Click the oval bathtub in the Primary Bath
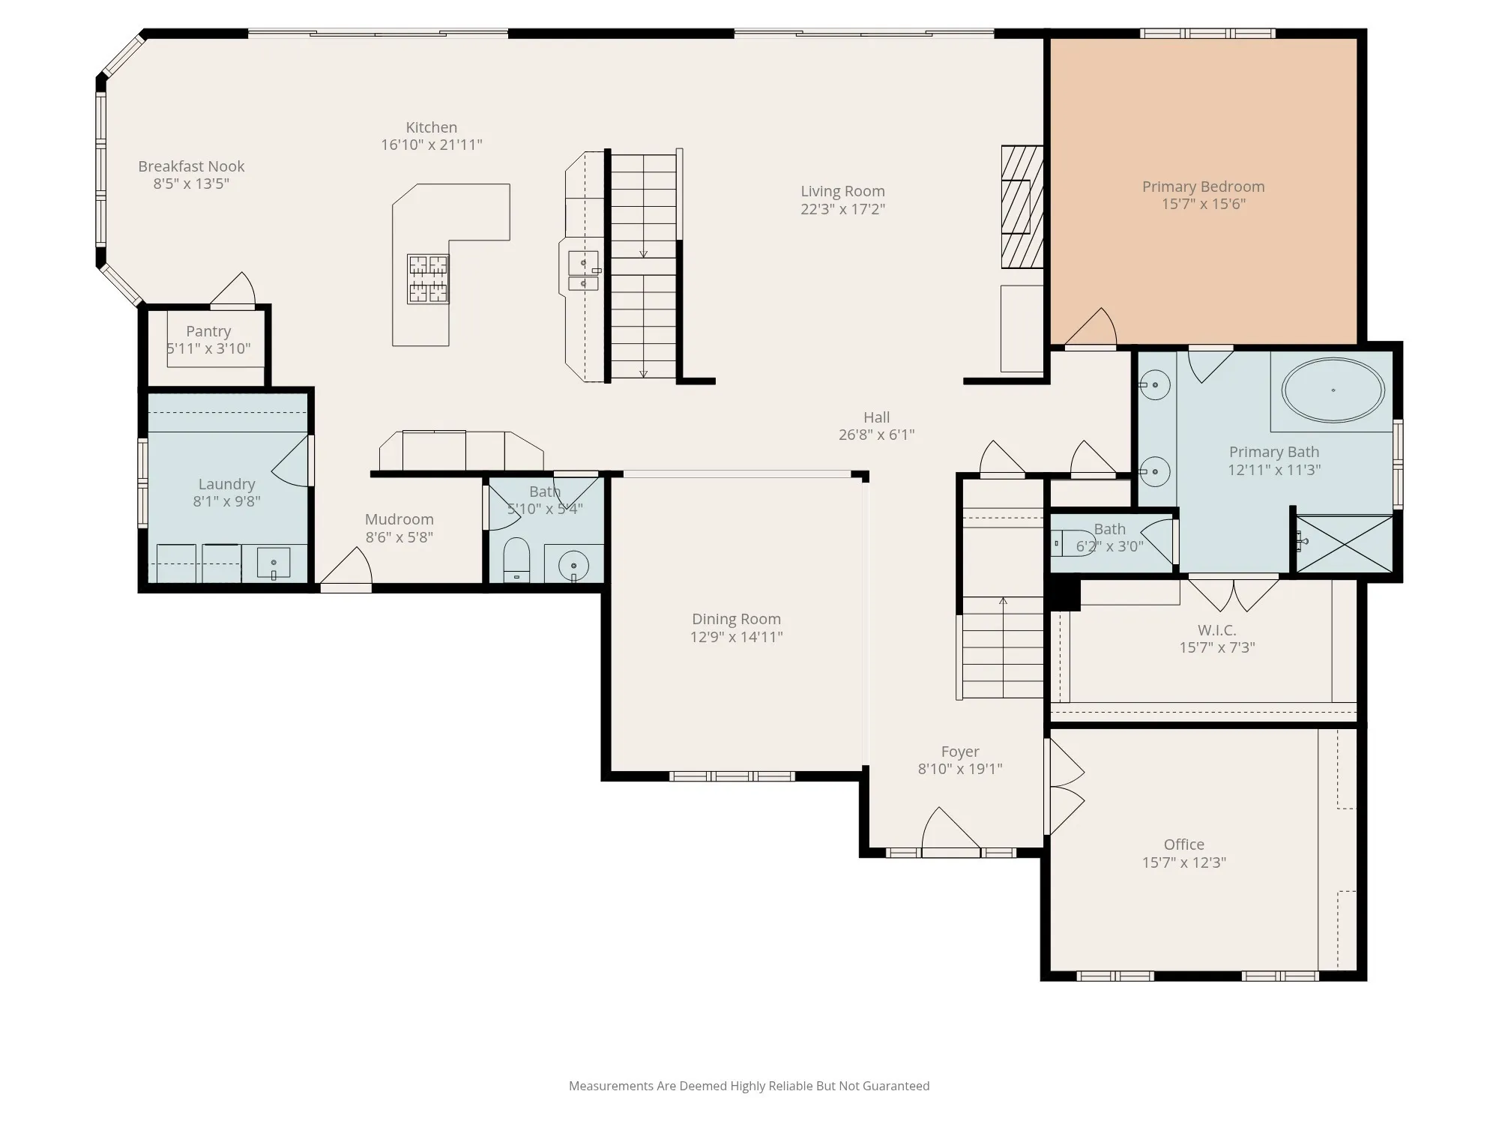[x=1333, y=390]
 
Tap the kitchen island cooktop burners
[x=428, y=279]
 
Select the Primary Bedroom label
[x=1203, y=187]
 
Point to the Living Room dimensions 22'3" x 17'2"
[x=842, y=209]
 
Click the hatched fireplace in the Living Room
[x=1022, y=207]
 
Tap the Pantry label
[x=208, y=331]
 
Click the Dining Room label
[x=736, y=619]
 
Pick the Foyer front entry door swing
[x=950, y=831]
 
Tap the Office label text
[x=1184, y=844]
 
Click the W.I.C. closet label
[x=1216, y=630]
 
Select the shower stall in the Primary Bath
[x=1345, y=543]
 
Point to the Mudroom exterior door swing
[x=346, y=568]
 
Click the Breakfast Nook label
[x=191, y=166]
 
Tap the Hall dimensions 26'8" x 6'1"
[x=876, y=435]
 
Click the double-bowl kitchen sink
[x=583, y=271]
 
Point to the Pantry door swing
[x=233, y=289]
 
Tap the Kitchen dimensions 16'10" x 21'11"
[x=432, y=145]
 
